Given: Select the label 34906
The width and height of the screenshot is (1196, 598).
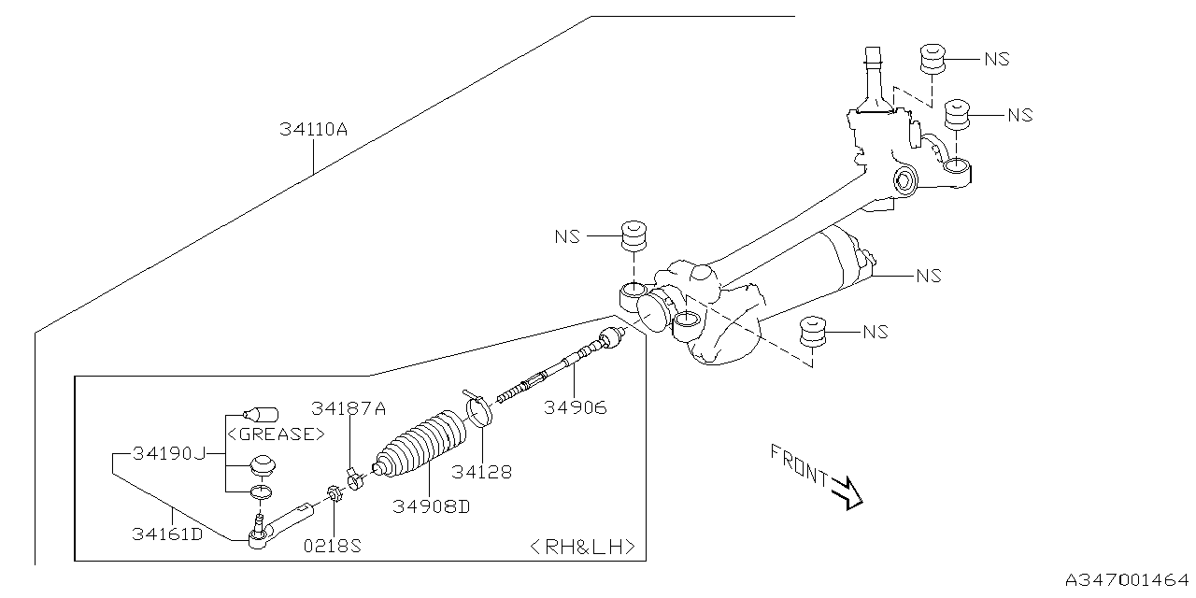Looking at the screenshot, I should (x=577, y=407).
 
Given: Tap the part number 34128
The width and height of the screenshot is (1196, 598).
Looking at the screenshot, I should (x=481, y=472).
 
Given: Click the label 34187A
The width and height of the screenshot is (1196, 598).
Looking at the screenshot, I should (x=349, y=408).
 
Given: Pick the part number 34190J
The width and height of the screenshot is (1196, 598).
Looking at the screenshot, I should (x=168, y=453).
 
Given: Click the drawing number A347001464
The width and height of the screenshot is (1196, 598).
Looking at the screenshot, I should (x=1125, y=580).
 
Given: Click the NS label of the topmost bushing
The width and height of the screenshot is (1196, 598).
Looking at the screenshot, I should (x=996, y=59).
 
